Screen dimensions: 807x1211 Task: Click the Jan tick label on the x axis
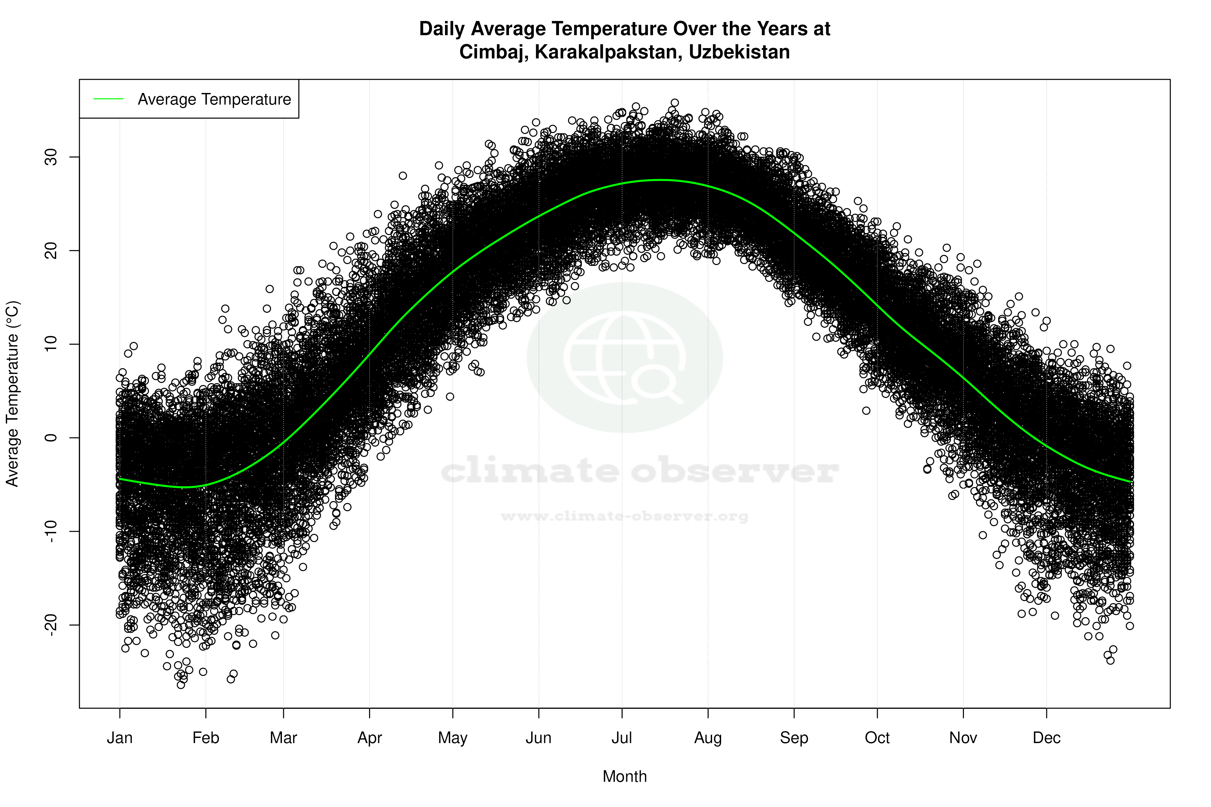click(x=119, y=738)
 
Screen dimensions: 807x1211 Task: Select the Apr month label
click(x=370, y=738)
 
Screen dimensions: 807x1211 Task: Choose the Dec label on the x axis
click(x=1046, y=738)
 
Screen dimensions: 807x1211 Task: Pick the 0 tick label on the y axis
click(x=51, y=438)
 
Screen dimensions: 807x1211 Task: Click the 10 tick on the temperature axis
click(x=51, y=344)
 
